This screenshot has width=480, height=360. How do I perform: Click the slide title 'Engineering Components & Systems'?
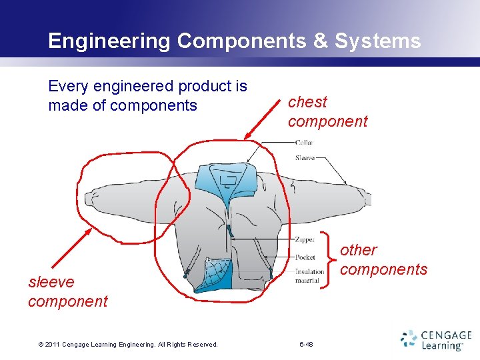234,41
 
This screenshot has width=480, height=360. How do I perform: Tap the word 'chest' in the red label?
307,102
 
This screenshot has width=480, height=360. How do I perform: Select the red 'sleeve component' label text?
67,291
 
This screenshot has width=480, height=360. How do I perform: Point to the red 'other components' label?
383,259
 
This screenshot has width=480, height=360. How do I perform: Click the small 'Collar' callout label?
304,143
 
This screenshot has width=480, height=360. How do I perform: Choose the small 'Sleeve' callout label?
305,158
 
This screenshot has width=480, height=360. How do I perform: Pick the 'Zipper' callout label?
305,239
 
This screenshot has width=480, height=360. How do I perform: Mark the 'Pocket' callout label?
305,257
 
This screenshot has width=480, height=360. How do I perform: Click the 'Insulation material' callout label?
310,275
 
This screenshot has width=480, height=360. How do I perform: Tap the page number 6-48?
307,344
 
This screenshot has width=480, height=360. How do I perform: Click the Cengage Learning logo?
436,339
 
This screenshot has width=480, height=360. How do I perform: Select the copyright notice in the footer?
128,344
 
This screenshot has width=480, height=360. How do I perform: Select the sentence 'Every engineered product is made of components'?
147,95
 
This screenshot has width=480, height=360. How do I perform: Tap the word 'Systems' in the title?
377,41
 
